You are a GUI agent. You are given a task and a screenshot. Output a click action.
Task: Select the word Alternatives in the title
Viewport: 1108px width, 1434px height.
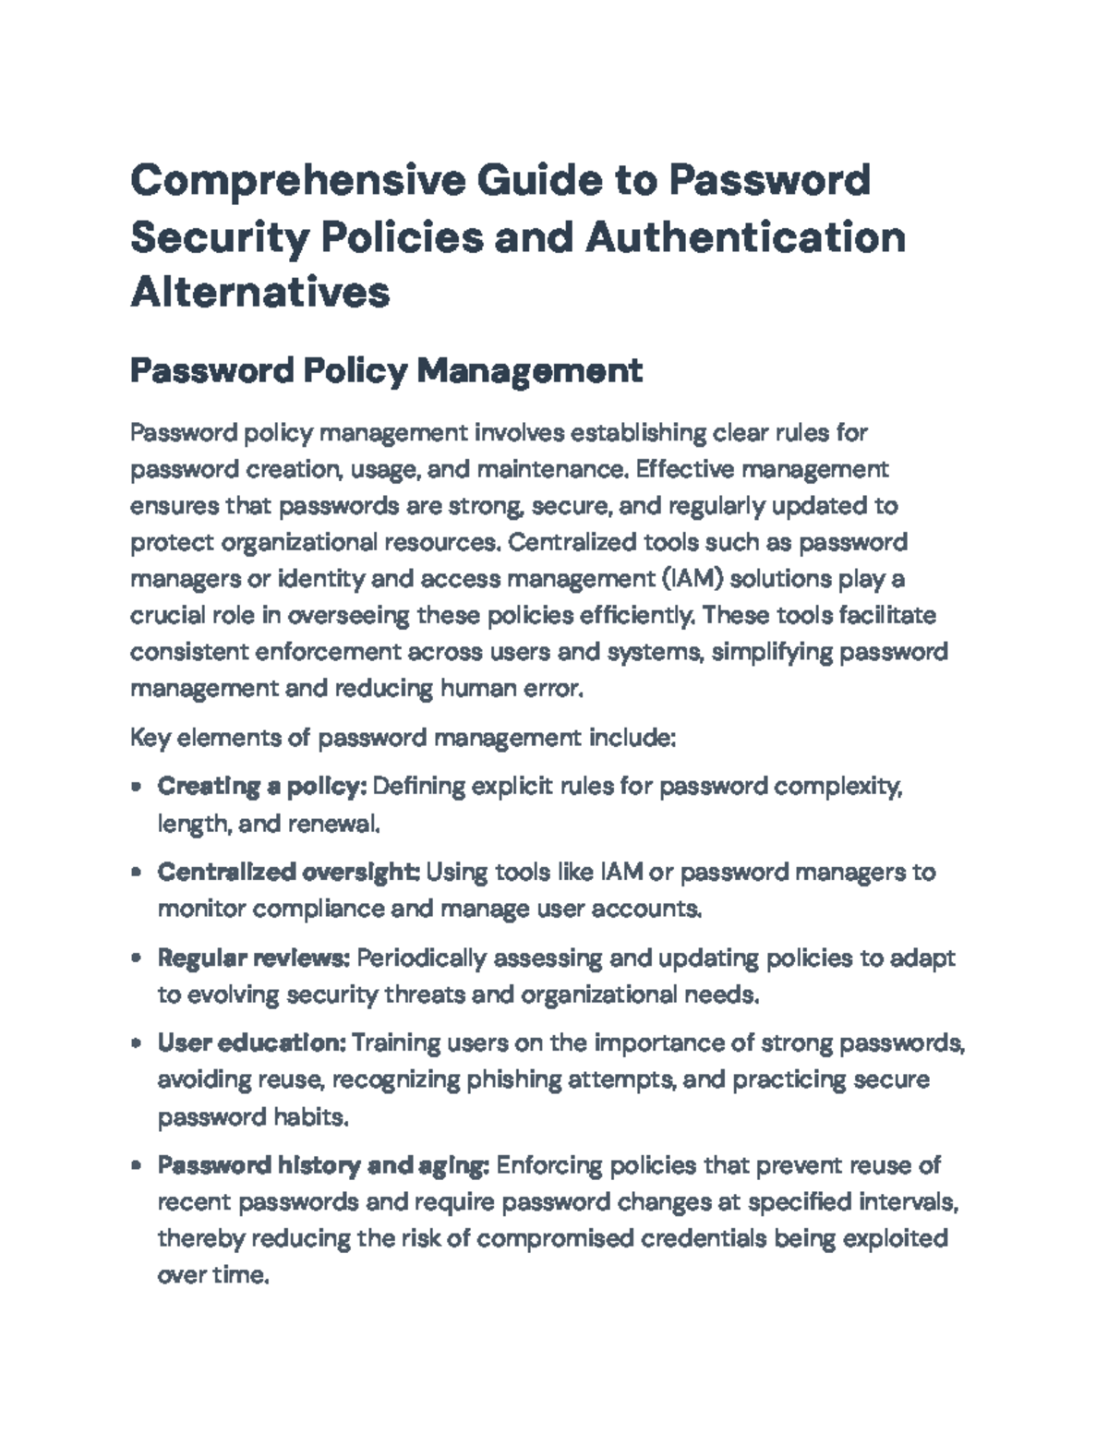(x=260, y=292)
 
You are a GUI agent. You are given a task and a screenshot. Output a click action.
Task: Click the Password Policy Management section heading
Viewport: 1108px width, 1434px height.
(x=386, y=371)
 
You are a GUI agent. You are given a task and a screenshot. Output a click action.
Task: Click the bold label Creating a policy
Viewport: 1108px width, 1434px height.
(x=263, y=787)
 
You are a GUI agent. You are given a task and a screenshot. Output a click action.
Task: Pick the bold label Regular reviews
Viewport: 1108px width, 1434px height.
(x=253, y=958)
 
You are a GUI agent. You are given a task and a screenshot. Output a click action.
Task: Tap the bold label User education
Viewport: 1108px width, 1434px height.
(x=251, y=1042)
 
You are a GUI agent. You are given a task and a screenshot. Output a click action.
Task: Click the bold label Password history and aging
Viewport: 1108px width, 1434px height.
(x=323, y=1165)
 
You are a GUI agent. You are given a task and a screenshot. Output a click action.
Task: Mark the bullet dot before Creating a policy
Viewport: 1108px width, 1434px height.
(x=137, y=788)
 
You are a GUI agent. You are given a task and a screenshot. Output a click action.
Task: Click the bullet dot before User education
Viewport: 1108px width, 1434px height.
(x=137, y=1043)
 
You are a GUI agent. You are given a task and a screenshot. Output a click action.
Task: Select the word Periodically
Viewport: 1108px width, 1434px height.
(x=421, y=958)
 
